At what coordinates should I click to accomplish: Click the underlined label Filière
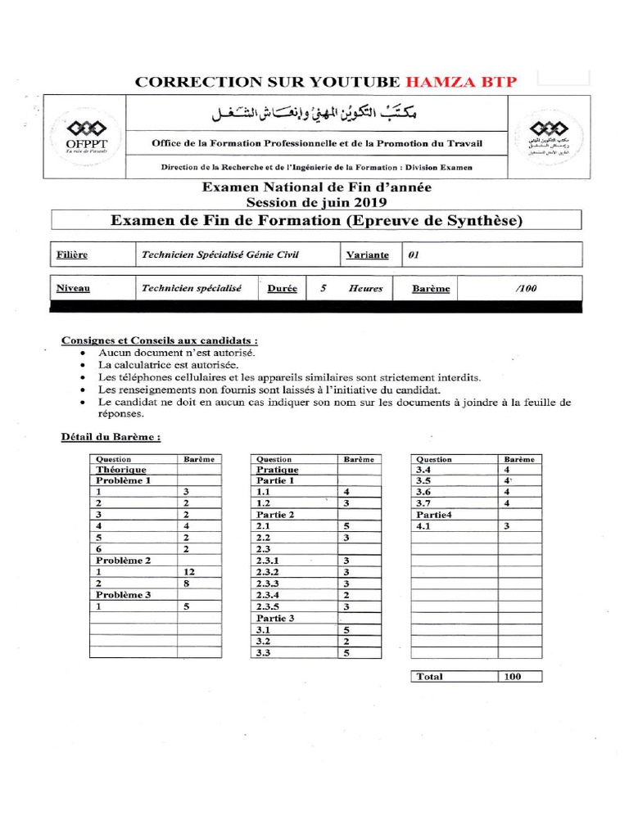72,255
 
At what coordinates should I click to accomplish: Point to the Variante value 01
414,255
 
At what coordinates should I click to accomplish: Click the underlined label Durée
282,288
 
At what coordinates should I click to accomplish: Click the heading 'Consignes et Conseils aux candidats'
160,340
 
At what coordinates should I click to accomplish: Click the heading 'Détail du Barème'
111,436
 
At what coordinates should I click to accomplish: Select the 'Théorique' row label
121,470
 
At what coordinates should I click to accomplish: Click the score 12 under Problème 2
190,571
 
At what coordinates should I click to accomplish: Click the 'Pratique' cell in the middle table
278,470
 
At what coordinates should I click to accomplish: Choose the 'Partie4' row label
433,515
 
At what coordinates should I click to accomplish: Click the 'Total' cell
430,677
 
